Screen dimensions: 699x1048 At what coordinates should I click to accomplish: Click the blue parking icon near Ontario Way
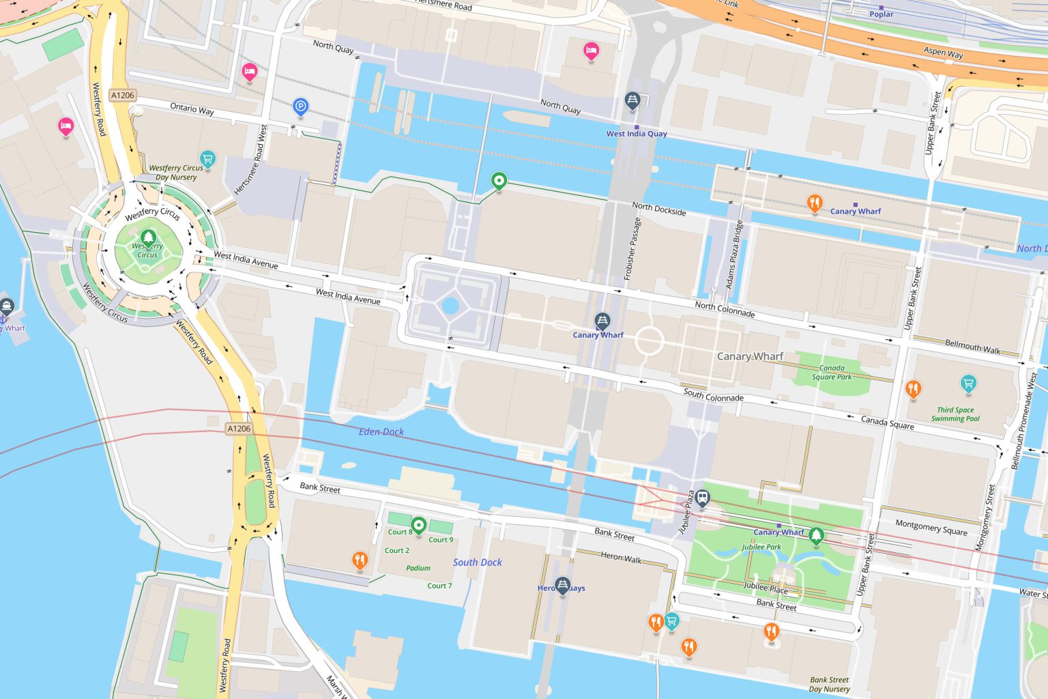click(x=301, y=106)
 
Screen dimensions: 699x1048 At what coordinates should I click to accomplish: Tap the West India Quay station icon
click(x=632, y=101)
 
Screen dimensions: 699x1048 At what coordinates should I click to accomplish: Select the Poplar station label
click(x=881, y=14)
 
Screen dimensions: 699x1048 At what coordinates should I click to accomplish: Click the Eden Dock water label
click(x=381, y=431)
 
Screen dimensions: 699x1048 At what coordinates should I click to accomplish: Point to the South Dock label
click(x=477, y=562)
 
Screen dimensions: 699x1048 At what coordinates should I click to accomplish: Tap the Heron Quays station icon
click(x=562, y=585)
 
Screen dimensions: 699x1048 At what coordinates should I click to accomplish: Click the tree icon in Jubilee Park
click(x=815, y=536)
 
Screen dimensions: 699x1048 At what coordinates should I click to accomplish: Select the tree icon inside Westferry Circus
click(x=148, y=238)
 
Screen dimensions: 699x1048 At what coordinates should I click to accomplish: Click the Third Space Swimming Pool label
click(x=955, y=414)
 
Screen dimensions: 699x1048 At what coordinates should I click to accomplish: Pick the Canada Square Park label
click(x=832, y=372)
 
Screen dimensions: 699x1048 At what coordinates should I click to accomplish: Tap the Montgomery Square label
click(x=931, y=528)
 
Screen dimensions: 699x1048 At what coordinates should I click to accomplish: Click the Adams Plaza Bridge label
click(x=733, y=254)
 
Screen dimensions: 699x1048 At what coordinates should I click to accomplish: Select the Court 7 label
click(x=439, y=586)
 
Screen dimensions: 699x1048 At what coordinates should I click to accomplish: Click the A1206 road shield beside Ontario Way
click(x=123, y=95)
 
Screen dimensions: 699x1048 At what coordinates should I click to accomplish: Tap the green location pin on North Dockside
click(x=499, y=182)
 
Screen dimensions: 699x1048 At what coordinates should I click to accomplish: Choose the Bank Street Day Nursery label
click(x=829, y=684)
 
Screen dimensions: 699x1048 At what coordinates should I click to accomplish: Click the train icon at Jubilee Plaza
click(x=703, y=498)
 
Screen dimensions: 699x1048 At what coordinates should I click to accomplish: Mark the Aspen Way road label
click(x=943, y=52)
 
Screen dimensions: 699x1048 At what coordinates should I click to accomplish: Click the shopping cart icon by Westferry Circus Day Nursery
click(x=208, y=159)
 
